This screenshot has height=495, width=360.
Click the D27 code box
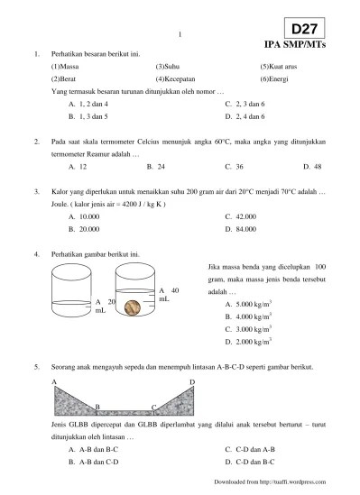304,28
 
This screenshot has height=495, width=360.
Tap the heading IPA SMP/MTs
295,44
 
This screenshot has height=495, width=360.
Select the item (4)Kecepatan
175,79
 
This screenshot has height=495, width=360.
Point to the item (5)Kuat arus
279,67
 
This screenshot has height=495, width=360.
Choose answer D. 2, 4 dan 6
245,116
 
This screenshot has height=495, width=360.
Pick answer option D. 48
312,167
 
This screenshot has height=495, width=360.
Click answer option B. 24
156,167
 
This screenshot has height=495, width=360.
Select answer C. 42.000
241,216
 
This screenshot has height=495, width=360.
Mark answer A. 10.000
84,216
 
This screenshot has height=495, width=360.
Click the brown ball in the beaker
133,307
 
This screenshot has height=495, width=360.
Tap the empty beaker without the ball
71,290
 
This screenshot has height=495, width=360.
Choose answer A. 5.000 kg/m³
248,304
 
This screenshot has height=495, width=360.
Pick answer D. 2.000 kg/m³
248,342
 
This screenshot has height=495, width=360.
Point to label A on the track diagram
54,382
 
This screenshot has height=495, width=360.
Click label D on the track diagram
192,382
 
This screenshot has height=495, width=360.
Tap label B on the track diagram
97,407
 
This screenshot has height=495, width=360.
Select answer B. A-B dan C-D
94,462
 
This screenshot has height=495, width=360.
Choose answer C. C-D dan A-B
250,449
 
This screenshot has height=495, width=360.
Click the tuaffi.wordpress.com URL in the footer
292,482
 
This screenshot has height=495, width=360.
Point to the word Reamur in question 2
97,154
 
